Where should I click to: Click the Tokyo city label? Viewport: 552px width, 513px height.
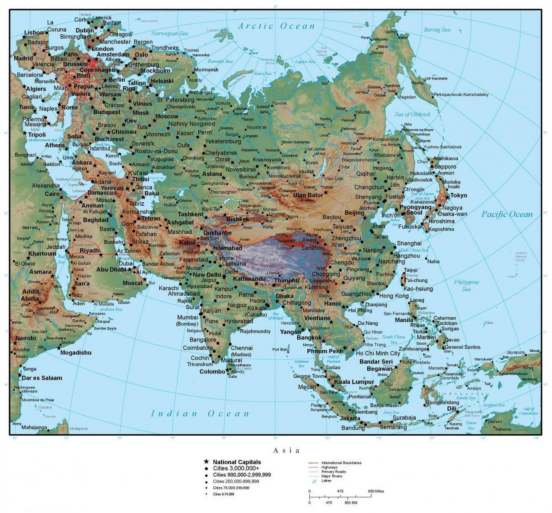click(x=458, y=195)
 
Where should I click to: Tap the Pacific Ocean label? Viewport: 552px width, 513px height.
click(x=507, y=214)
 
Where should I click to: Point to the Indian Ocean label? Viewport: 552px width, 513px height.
click(x=200, y=414)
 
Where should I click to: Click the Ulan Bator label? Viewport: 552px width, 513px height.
click(x=308, y=195)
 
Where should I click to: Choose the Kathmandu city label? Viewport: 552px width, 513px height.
click(x=249, y=279)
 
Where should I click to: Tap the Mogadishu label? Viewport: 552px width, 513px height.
click(x=76, y=353)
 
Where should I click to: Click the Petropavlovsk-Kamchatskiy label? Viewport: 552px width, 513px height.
click(x=461, y=95)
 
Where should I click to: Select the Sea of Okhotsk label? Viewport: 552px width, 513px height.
click(x=412, y=114)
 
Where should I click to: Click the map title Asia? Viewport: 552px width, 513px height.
click(x=286, y=450)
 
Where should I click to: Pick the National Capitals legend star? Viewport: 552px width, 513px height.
click(x=206, y=462)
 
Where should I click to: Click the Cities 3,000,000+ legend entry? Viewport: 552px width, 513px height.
click(x=236, y=468)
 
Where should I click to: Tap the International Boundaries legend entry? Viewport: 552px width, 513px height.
click(x=341, y=463)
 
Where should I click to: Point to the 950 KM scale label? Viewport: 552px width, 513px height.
click(x=351, y=503)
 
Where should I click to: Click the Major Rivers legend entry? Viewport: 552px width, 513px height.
click(x=331, y=476)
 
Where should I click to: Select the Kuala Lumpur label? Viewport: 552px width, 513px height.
click(x=354, y=382)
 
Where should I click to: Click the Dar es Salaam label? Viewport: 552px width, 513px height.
click(x=42, y=378)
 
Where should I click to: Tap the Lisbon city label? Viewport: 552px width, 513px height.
click(x=34, y=33)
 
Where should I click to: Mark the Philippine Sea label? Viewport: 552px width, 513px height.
click(x=466, y=285)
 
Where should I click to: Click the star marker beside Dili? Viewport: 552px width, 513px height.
click(x=457, y=412)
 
